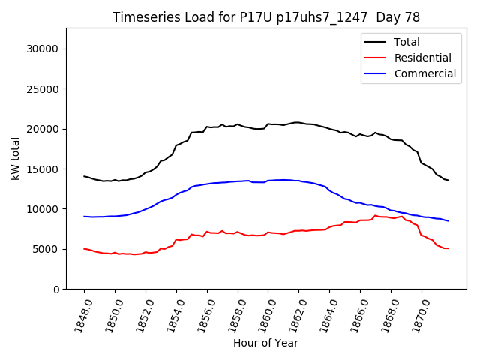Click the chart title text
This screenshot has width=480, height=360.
[266, 17]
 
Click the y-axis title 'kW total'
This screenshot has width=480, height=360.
[15, 158]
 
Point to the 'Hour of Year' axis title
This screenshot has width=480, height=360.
[265, 343]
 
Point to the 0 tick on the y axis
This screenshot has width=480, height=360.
[55, 289]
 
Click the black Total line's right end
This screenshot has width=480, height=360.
[448, 180]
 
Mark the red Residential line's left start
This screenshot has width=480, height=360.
[84, 248]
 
